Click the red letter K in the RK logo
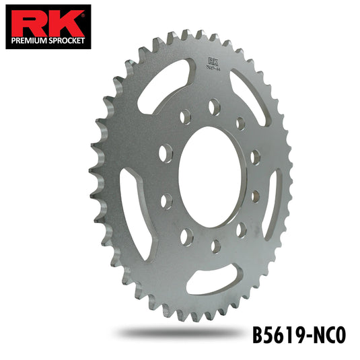65,24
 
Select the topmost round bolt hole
215,106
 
